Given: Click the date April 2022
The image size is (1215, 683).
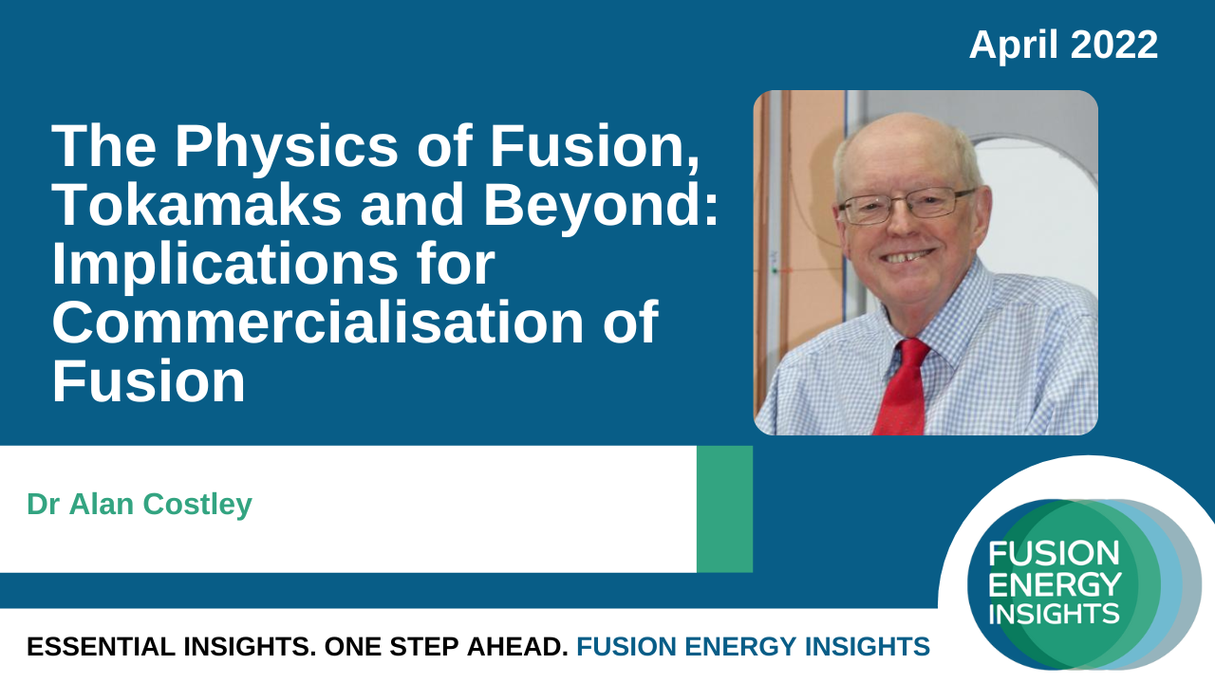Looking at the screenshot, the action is click(1063, 45).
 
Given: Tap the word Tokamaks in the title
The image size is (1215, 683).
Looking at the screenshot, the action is click(198, 204).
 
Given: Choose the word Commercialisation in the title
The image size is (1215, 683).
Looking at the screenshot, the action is click(318, 322).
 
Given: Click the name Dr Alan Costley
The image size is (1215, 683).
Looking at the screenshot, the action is click(140, 505).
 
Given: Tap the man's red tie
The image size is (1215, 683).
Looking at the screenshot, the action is click(904, 387).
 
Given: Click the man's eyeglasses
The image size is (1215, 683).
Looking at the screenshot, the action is click(905, 206).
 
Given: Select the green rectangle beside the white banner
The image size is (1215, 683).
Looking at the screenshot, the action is click(724, 509).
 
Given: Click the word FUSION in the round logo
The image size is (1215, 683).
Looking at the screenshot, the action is click(1054, 553).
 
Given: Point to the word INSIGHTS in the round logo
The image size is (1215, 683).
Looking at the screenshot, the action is click(1054, 614).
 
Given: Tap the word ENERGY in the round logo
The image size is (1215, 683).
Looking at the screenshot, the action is click(1055, 584).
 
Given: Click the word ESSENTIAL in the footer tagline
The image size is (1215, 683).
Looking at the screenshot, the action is click(101, 647).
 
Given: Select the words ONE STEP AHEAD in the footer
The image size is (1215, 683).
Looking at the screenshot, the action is click(446, 647).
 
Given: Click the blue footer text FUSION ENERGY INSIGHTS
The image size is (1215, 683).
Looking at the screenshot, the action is click(753, 647).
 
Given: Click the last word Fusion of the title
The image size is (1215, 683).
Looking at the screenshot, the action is click(149, 380).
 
